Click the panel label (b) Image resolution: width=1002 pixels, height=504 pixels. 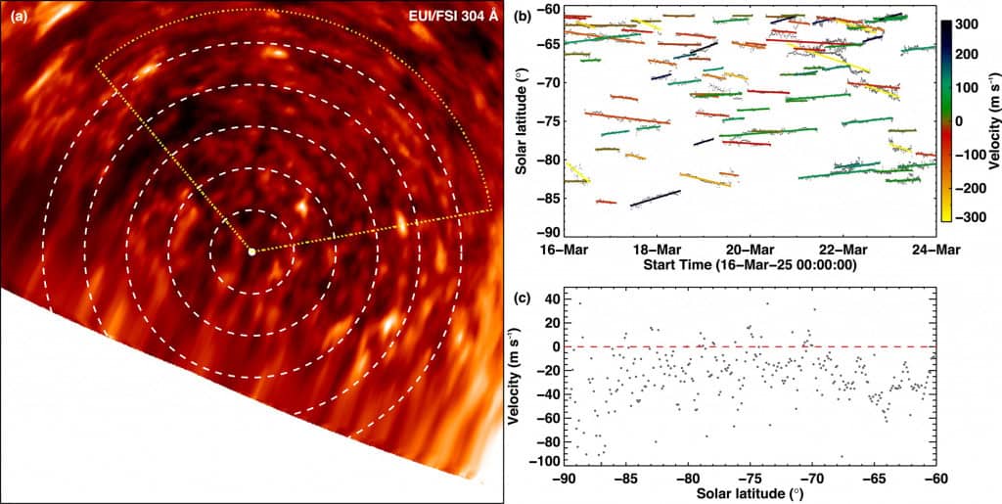point(524,16)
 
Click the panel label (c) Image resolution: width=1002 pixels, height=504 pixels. point(524,292)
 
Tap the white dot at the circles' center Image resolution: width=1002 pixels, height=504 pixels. point(251,252)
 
